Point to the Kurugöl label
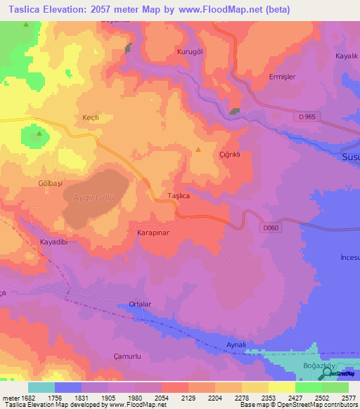[190, 53]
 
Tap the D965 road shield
[307, 117]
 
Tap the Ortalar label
[140, 304]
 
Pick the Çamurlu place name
[108, 356]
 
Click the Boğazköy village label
[325, 365]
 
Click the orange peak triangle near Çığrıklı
[199, 149]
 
